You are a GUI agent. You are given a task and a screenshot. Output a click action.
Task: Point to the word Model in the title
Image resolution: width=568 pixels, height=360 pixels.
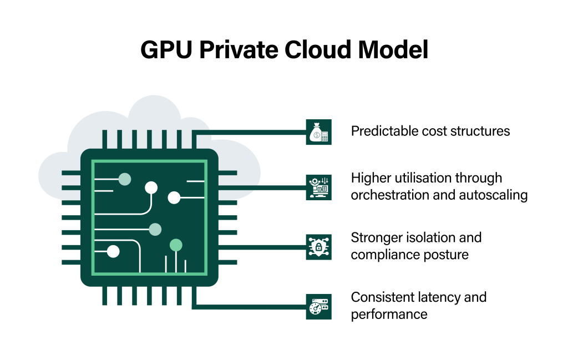point(393,50)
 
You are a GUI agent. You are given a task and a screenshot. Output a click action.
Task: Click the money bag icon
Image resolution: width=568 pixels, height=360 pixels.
point(319,132)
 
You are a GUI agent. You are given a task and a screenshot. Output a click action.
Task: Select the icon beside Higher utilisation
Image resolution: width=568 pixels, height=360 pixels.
point(319,187)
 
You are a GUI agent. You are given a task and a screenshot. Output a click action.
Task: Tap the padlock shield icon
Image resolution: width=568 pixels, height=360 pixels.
point(319,247)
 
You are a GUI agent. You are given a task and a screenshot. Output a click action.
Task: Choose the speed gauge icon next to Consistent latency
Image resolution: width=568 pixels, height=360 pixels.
point(319,306)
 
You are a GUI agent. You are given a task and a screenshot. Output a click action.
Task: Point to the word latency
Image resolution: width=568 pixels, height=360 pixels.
point(436,297)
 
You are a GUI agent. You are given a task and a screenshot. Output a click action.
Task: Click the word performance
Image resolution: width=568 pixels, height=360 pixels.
point(389,315)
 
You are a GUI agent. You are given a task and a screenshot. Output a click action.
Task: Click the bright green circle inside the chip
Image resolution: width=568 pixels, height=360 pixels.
point(176,245)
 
